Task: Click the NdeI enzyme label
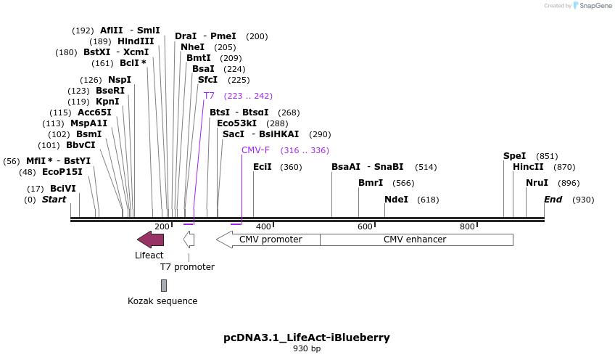pos(396,200)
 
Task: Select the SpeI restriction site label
pos(514,156)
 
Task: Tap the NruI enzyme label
pos(537,183)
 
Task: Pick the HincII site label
pos(528,167)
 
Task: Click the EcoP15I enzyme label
pos(62,172)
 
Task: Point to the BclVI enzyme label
pos(62,189)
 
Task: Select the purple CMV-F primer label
pos(255,150)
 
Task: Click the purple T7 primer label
pos(209,96)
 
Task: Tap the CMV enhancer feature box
pos(416,239)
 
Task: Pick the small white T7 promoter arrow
pos(189,240)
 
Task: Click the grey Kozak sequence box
pos(164,285)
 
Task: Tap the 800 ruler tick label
pos(466,226)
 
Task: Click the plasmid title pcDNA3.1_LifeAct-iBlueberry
pos(307,337)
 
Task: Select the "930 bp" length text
pos(307,349)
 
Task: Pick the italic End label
pos(553,200)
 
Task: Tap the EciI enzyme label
pos(263,167)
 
